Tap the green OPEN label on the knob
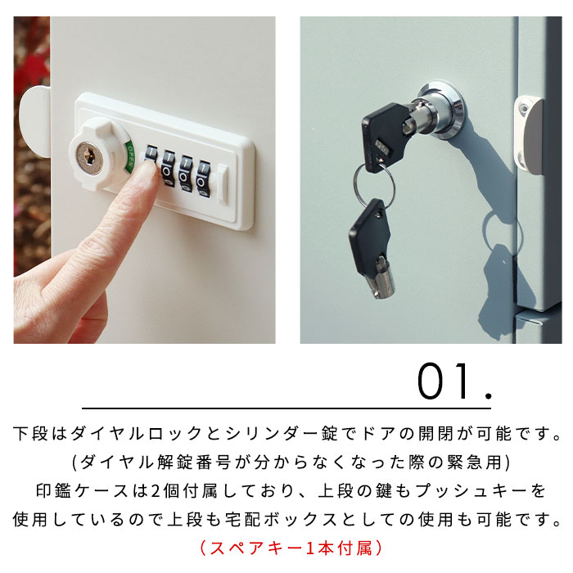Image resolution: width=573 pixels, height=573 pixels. (x=129, y=157)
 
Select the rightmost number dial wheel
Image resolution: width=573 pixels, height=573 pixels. (x=203, y=179)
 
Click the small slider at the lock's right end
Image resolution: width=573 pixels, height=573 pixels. (x=223, y=184)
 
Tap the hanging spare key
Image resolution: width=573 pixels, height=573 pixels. (x=372, y=249)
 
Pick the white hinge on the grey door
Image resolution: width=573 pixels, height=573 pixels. (x=529, y=134)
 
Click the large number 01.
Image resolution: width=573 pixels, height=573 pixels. (x=454, y=381)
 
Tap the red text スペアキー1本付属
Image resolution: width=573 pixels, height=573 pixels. (x=291, y=548)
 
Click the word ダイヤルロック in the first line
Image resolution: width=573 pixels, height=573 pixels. (x=136, y=434)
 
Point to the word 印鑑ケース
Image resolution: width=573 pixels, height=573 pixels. (x=82, y=491)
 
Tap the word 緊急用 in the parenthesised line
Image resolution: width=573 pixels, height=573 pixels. (x=475, y=462)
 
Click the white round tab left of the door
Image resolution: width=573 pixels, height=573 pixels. (x=34, y=121)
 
